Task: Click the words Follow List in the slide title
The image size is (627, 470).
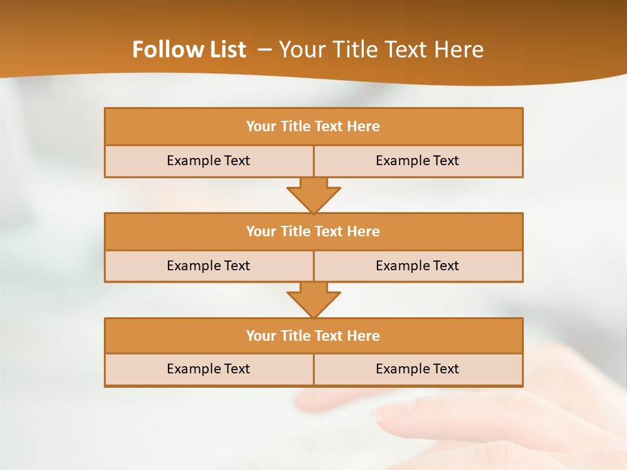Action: point(189,50)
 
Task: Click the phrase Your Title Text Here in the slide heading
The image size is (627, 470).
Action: point(381,50)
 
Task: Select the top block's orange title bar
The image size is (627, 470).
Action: point(313,127)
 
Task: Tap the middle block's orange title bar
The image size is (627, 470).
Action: point(313,231)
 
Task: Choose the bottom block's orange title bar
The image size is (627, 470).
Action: point(313,336)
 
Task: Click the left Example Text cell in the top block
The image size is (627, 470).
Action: point(208,161)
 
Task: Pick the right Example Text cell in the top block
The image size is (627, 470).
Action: point(417,161)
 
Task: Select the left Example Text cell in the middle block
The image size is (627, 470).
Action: point(208,266)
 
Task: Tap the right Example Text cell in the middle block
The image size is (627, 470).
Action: point(417,266)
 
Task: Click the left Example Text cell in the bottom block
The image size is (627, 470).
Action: point(208,369)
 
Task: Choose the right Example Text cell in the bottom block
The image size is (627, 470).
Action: point(417,369)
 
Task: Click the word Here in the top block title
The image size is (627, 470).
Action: point(364,127)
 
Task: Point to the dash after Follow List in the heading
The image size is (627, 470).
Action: point(265,50)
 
